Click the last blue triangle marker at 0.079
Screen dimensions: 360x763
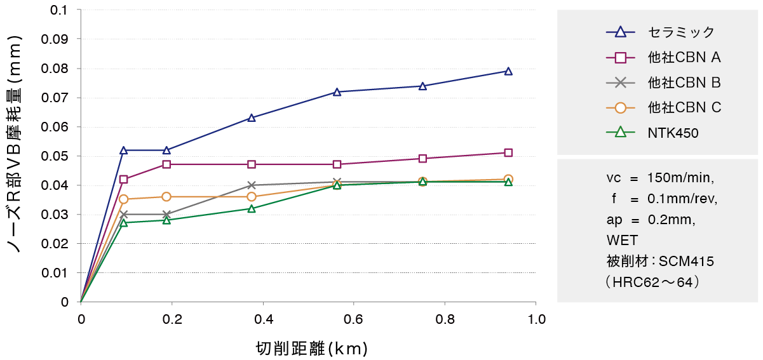click(508, 71)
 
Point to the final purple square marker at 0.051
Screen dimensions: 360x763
click(508, 152)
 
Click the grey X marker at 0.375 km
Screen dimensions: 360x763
click(252, 185)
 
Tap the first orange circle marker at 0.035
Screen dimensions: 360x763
click(124, 199)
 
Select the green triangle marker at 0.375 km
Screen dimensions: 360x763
click(252, 208)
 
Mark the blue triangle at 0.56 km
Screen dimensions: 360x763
click(337, 92)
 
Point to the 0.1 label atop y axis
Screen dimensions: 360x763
click(62, 10)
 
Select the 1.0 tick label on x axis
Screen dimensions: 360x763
click(536, 318)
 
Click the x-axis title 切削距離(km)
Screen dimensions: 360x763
click(311, 348)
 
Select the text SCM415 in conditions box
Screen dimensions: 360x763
click(685, 261)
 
